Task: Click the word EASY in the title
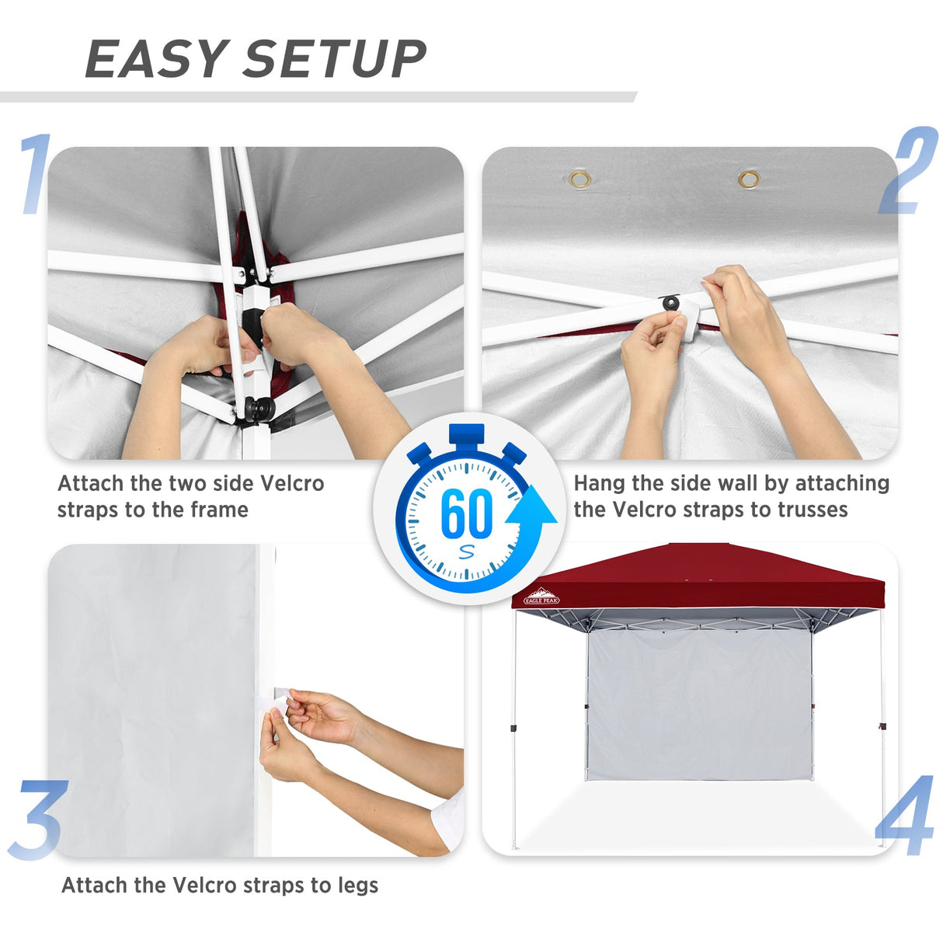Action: tap(155, 59)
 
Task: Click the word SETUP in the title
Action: tap(336, 59)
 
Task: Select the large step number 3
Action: tap(37, 820)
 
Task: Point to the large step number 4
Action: tap(906, 816)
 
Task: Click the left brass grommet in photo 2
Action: tap(579, 180)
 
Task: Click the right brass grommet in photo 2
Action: tap(749, 180)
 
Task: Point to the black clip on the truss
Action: tap(670, 301)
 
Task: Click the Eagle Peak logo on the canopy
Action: tap(541, 596)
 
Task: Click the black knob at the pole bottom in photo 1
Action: tap(259, 408)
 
